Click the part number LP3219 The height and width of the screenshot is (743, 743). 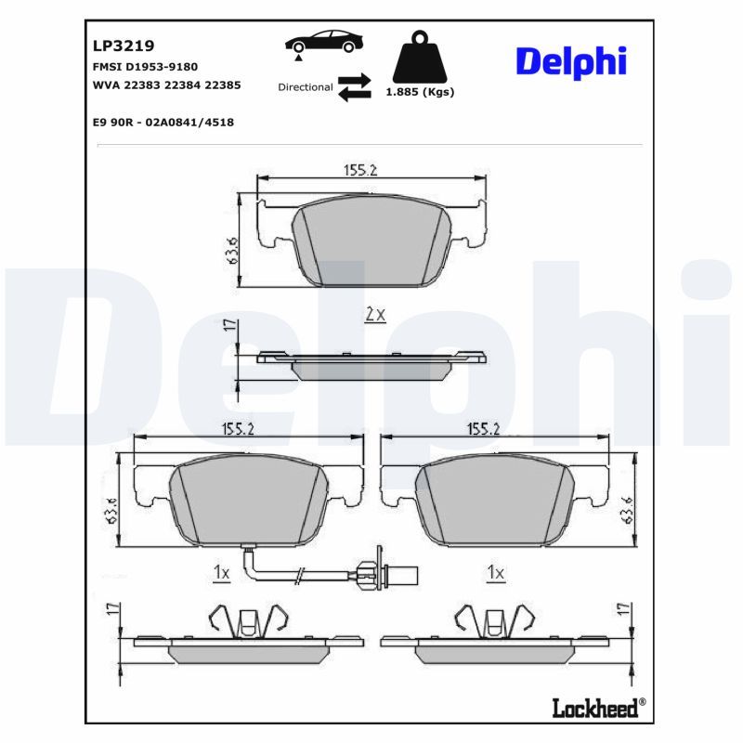(124, 46)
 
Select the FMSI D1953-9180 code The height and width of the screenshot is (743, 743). (145, 67)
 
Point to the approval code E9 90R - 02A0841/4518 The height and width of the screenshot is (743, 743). (163, 123)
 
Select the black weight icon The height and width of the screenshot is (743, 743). (420, 58)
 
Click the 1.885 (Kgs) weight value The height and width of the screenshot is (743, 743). (420, 92)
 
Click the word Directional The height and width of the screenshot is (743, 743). (306, 87)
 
